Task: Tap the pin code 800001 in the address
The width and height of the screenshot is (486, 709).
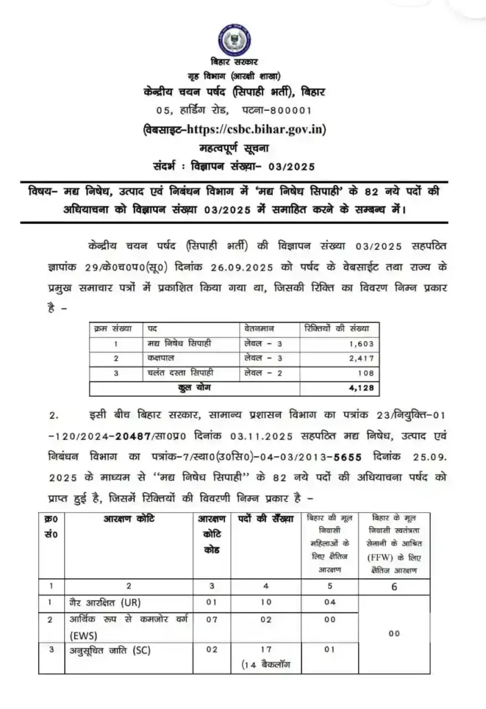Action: [287, 110]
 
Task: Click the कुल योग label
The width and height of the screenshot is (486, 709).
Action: [195, 388]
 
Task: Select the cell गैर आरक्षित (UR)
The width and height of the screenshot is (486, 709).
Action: [105, 602]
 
